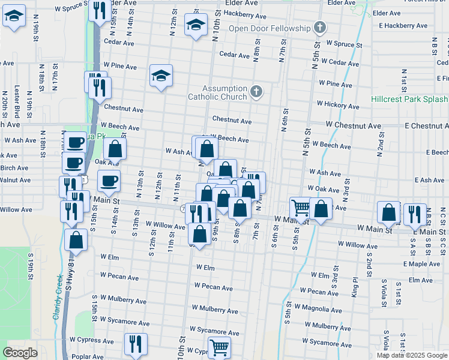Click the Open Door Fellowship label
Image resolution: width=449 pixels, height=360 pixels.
[270, 29]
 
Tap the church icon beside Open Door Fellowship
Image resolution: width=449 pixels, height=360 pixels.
[320, 28]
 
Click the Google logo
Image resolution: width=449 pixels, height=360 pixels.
[20, 353]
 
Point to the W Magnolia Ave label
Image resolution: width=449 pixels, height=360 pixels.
[328, 309]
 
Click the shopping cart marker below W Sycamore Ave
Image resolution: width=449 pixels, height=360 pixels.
[219, 346]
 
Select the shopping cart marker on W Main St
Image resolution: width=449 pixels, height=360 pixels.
[300, 208]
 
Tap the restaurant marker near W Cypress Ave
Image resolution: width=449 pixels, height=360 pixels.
[135, 344]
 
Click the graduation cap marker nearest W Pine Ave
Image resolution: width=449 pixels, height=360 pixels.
[161, 76]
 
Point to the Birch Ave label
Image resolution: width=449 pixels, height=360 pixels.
[14, 168]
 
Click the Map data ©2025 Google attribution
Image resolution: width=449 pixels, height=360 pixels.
[411, 355]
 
